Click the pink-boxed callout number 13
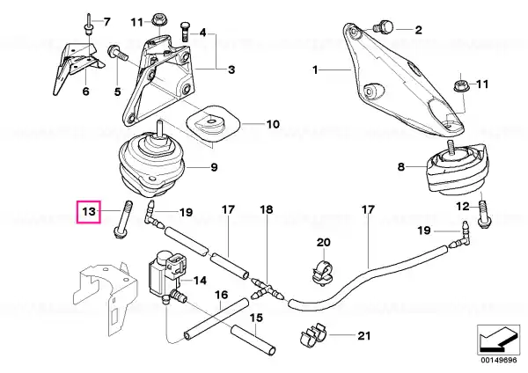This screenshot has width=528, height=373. click(x=89, y=212)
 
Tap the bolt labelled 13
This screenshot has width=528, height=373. click(x=123, y=219)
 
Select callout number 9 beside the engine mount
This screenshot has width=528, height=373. click(x=214, y=167)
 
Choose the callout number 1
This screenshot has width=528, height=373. click(x=315, y=70)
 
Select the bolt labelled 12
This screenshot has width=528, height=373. click(x=483, y=214)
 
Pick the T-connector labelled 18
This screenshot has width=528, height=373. click(x=268, y=289)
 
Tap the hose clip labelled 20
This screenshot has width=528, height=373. click(x=323, y=271)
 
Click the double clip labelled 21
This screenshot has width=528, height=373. click(x=313, y=335)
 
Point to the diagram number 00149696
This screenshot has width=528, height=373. click(x=498, y=360)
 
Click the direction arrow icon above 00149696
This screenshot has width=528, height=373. click(x=498, y=340)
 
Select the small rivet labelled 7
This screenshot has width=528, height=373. click(x=89, y=25)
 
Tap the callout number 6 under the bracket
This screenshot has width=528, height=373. click(x=86, y=91)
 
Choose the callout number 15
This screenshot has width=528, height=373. click(x=256, y=318)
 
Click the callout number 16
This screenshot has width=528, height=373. click(x=222, y=295)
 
